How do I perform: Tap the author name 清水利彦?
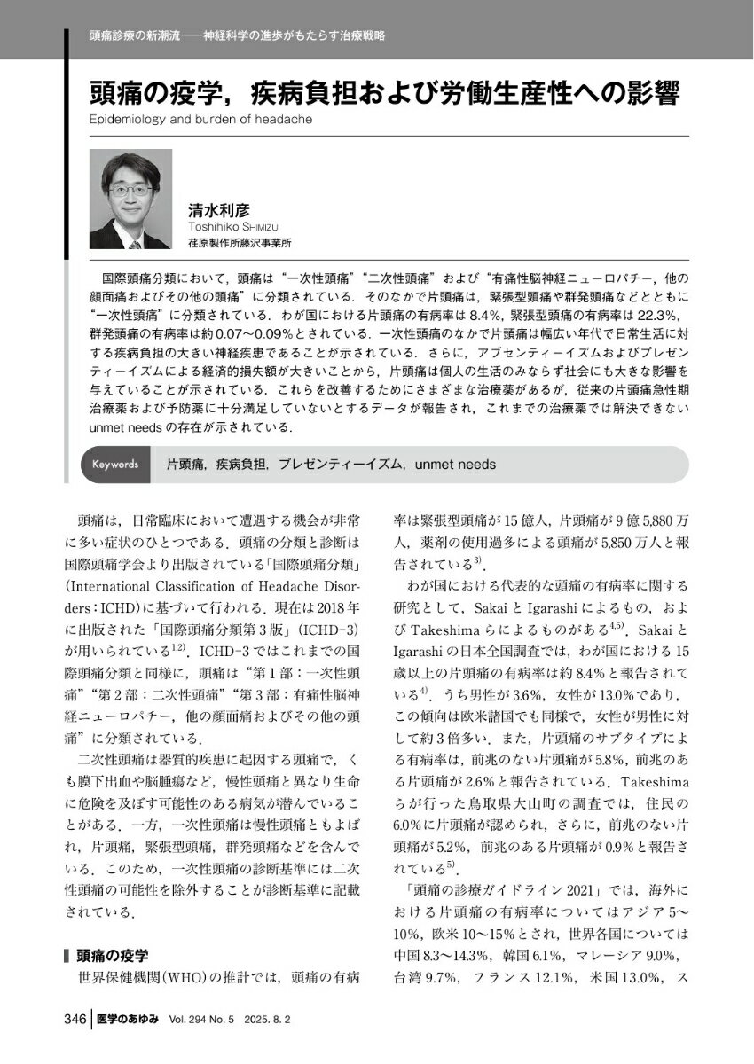(x=220, y=210)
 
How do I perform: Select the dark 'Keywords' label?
(x=115, y=464)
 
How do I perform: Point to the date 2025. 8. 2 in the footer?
(x=292, y=1021)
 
